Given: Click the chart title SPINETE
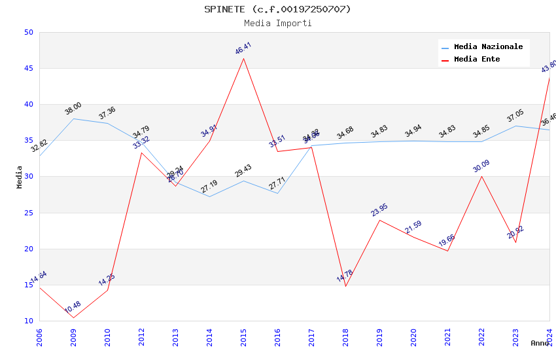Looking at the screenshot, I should [x=277, y=9].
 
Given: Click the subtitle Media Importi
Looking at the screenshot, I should [x=277, y=23].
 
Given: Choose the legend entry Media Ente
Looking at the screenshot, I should [x=477, y=59].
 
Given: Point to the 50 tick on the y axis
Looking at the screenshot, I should [x=28, y=32].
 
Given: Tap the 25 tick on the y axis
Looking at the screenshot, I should [x=28, y=213].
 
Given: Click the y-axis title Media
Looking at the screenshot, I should [x=20, y=177].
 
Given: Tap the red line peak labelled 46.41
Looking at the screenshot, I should [x=243, y=58].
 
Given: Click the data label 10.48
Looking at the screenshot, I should [x=73, y=307].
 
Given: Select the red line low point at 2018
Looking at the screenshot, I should [x=345, y=286].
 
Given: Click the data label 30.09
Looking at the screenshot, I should [x=481, y=166].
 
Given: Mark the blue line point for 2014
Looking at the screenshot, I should [x=209, y=196].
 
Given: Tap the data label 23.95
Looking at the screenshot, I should [x=379, y=209].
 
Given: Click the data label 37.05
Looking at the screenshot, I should [x=515, y=117].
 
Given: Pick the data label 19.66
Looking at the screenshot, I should [x=447, y=240].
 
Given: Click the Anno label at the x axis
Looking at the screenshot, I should [x=540, y=343].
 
